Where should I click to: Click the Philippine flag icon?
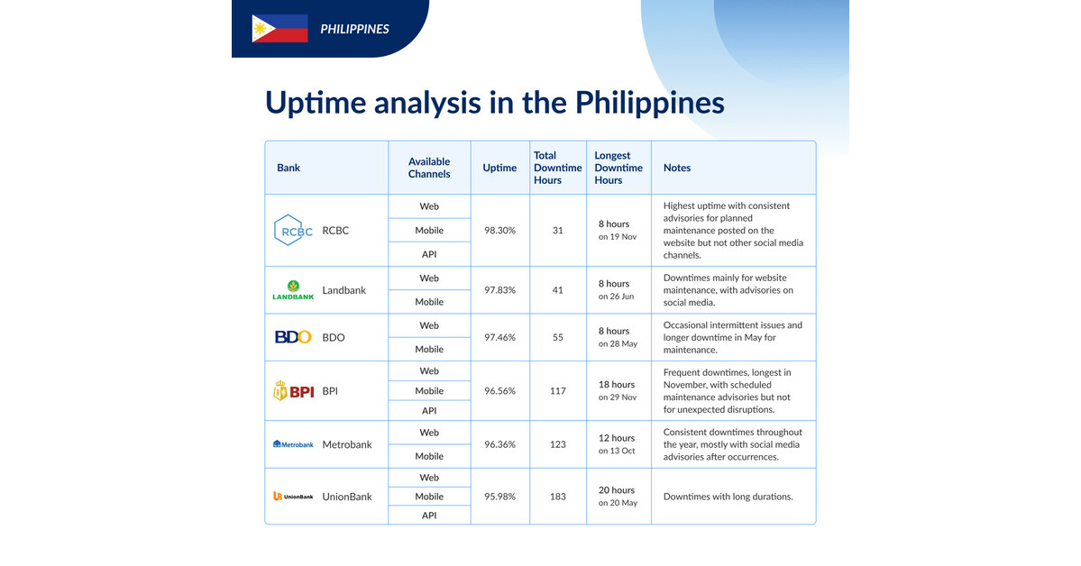(x=279, y=29)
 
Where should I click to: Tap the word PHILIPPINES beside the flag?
(x=354, y=29)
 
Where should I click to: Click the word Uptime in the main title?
(x=316, y=102)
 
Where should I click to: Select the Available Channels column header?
(x=429, y=168)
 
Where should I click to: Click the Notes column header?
(x=677, y=168)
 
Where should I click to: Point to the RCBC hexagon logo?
(x=293, y=231)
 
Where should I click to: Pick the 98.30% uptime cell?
(x=499, y=231)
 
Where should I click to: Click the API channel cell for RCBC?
(x=429, y=254)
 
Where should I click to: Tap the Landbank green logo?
(x=293, y=290)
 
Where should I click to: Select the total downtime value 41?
(x=557, y=290)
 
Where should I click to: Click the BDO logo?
(x=293, y=338)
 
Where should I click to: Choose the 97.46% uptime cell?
(x=499, y=338)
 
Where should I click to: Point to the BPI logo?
(x=293, y=391)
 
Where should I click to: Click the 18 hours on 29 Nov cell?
(x=618, y=390)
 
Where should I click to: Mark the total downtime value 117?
(x=557, y=391)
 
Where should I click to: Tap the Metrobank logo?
(x=293, y=444)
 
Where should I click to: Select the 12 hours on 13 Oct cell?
(x=618, y=443)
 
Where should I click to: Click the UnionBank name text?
(x=347, y=497)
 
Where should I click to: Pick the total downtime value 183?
(x=557, y=497)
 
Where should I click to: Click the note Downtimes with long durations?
(x=728, y=497)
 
